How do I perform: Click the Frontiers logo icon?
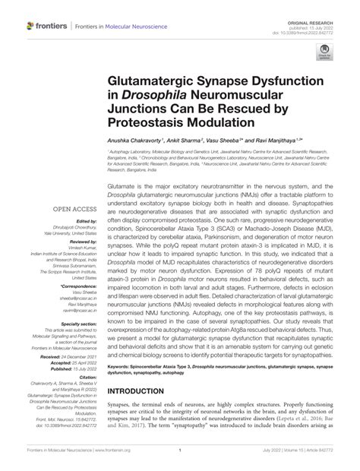31,25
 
